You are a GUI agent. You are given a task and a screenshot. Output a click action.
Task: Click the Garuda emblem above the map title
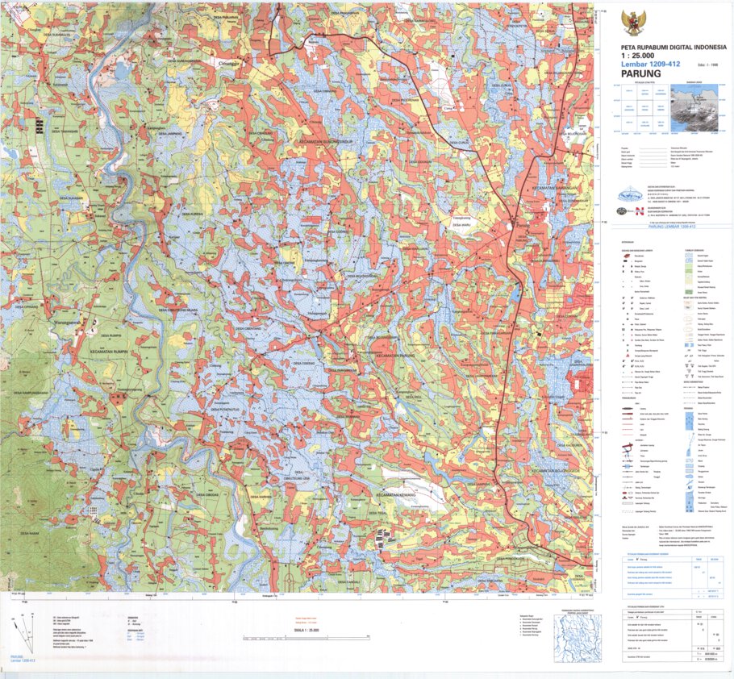[632, 21]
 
